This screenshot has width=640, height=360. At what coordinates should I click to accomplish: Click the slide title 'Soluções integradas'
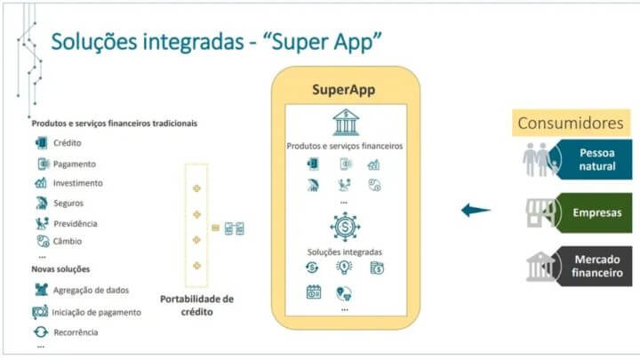click(148, 42)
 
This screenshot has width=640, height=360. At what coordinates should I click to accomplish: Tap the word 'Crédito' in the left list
click(68, 143)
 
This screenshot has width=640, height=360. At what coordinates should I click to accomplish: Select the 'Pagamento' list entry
click(75, 164)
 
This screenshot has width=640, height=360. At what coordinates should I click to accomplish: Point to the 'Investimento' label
click(78, 183)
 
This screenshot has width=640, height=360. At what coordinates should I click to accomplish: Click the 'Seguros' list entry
click(68, 204)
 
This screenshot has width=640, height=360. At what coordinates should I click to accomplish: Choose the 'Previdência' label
click(76, 224)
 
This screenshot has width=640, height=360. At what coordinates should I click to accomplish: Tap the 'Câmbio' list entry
click(68, 241)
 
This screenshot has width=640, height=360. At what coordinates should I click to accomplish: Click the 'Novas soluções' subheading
click(60, 269)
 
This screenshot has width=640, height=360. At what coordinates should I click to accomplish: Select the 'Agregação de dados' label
click(91, 290)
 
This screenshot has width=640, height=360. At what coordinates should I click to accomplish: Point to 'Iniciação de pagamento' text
click(96, 312)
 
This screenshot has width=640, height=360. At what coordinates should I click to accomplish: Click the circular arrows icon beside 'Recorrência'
click(41, 332)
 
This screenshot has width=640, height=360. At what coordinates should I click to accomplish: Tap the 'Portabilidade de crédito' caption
click(196, 305)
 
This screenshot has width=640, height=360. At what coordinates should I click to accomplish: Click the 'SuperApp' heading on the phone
click(344, 90)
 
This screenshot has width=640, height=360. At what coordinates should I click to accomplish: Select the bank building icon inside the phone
click(346, 122)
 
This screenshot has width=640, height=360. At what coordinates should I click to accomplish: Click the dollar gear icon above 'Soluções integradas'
click(345, 227)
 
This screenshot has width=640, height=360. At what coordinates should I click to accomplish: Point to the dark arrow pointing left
click(476, 210)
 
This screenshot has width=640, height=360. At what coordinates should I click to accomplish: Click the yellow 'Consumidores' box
click(571, 123)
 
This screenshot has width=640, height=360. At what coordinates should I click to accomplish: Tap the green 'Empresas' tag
click(591, 212)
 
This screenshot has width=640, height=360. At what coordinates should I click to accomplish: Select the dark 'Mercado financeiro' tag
click(591, 266)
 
